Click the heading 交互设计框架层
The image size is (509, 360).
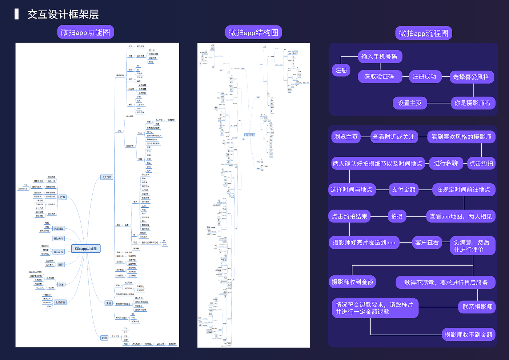[x=63, y=14]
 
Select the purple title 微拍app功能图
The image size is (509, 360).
[x=85, y=32]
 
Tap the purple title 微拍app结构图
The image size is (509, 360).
[x=253, y=33]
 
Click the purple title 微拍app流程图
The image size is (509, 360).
[x=424, y=33]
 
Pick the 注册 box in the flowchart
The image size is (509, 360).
[x=341, y=70]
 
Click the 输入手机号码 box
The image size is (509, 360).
[x=379, y=56]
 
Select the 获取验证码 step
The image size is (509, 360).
[x=379, y=76]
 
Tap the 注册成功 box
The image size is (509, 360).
[x=424, y=76]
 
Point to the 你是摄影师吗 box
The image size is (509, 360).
[x=472, y=103]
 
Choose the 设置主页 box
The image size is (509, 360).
[x=410, y=103]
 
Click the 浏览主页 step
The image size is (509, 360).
[x=346, y=137]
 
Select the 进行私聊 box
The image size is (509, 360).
[x=446, y=163]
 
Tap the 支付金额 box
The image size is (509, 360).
[x=404, y=189]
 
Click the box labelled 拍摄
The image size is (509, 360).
[x=397, y=216]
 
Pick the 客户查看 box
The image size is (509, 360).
[x=427, y=243]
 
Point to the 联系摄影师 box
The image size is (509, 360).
[x=477, y=307]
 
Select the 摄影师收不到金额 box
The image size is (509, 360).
[x=468, y=335]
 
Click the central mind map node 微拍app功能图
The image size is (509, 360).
[x=86, y=249]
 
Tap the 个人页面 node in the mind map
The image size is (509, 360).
[x=107, y=177]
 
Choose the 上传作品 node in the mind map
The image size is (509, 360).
[x=60, y=302]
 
